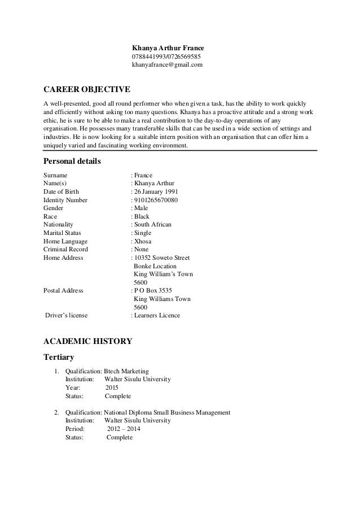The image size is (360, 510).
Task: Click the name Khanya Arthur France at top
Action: click(168, 48)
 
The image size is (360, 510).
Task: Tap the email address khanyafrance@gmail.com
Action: click(167, 66)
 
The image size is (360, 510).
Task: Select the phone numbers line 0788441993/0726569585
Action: click(166, 57)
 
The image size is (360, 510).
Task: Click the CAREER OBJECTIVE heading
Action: click(87, 90)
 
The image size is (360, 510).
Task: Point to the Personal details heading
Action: click(72, 162)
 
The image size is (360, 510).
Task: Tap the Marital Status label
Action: click(62, 233)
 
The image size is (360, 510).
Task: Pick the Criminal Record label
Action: click(65, 249)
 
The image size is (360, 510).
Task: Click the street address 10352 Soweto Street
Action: click(162, 258)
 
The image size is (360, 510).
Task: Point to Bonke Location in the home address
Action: click(155, 266)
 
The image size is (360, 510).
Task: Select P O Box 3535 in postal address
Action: click(153, 291)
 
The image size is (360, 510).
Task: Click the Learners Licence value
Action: click(157, 315)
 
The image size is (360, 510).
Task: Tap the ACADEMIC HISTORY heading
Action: click(87, 341)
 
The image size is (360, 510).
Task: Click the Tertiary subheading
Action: click(59, 358)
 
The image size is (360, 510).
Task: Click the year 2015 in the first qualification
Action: click(112, 387)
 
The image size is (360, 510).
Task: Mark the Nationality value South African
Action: click(152, 224)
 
